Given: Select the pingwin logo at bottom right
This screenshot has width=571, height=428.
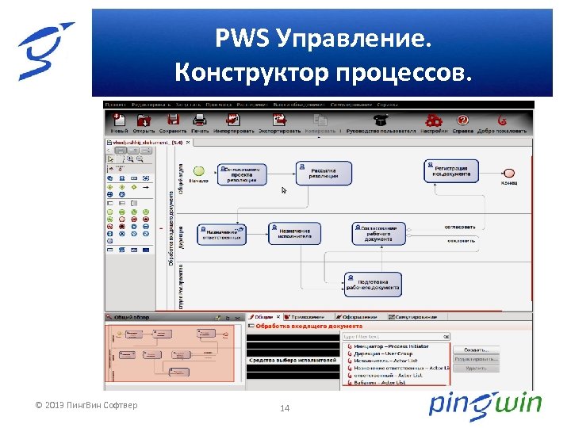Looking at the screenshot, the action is coord(485,404).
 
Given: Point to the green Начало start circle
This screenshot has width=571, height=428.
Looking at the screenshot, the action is coord(199,170).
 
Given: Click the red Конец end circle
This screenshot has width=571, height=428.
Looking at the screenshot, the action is coord(509,172).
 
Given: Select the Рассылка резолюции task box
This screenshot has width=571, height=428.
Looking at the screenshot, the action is coord(324,173).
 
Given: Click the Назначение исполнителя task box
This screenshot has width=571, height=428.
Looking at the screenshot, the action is coord(294,233).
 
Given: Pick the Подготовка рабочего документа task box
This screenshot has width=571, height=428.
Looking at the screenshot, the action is coord(373,285).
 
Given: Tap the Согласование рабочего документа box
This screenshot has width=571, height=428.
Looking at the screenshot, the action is coord(379,233).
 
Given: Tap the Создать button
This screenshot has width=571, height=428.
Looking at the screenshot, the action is coord(476,349).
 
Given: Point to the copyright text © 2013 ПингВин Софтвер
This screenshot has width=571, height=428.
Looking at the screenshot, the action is coord(86,406).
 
